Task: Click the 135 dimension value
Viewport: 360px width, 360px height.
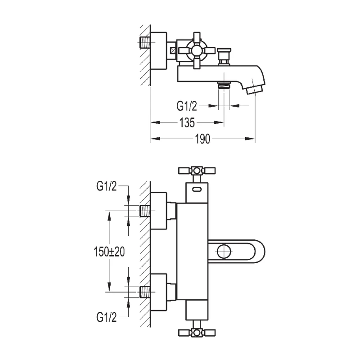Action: tap(187, 122)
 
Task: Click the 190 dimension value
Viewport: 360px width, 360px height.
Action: tap(202, 139)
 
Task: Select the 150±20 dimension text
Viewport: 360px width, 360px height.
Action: tap(109, 252)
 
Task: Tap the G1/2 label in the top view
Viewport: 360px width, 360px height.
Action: tap(187, 106)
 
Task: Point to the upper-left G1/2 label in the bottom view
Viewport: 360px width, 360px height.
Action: tap(107, 186)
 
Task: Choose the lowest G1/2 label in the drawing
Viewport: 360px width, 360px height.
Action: tap(107, 317)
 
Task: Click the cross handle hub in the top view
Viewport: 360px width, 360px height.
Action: tap(197, 50)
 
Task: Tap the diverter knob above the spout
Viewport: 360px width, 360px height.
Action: tap(224, 57)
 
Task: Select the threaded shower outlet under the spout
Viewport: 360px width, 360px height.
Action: tap(224, 85)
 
